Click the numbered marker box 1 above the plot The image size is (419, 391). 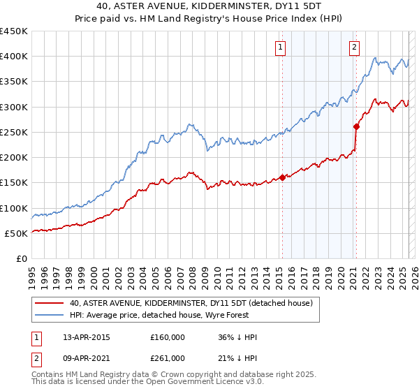(280, 47)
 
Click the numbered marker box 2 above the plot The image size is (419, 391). (355, 47)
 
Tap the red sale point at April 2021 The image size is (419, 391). (356, 126)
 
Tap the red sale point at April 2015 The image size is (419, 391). (283, 177)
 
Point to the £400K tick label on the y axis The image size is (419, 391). (14, 57)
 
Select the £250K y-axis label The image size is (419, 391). (14, 132)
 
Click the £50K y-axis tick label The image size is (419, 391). (17, 233)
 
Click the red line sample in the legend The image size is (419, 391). (49, 303)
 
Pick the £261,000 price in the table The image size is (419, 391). (168, 357)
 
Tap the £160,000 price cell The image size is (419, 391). (168, 337)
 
